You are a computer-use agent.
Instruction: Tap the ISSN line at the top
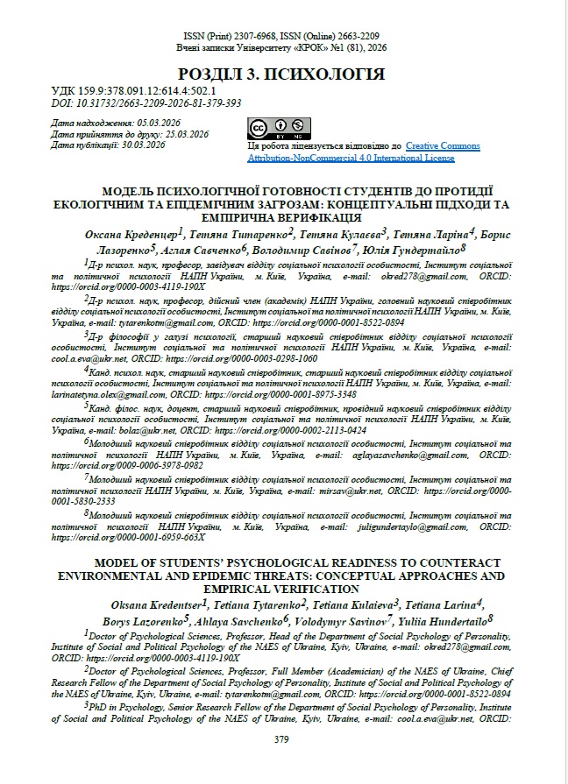[280, 37]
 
